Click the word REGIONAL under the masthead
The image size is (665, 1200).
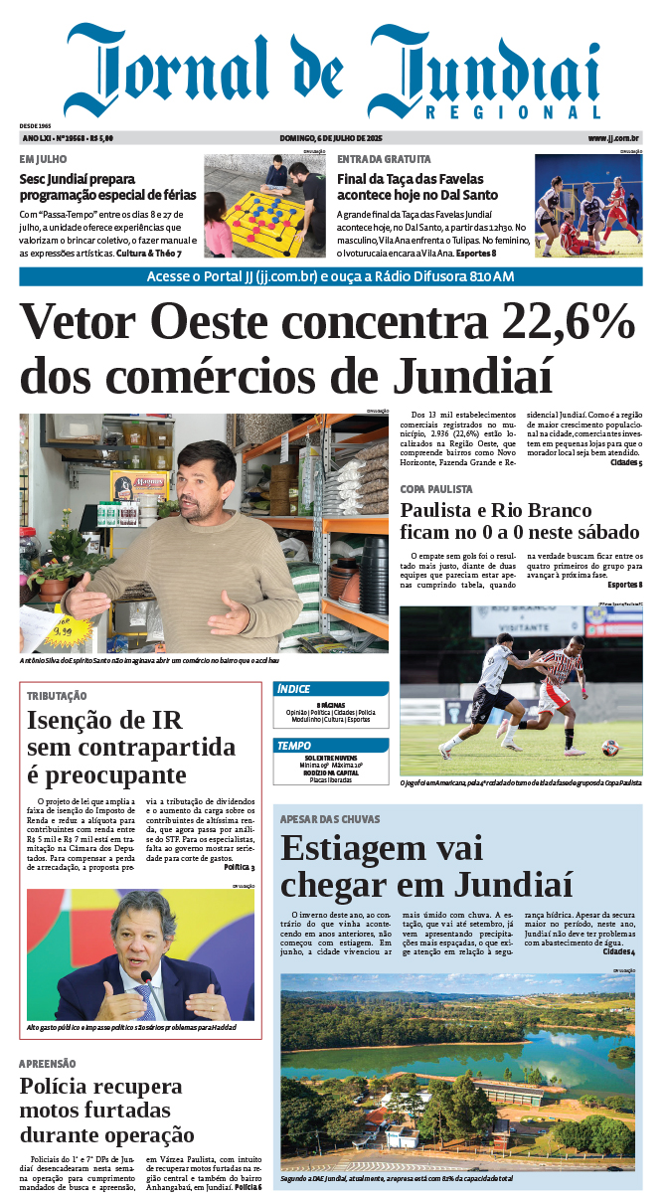(x=514, y=112)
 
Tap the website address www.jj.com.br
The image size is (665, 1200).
(x=613, y=138)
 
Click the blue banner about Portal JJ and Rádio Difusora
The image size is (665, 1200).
(x=331, y=276)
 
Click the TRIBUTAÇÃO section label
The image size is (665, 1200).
(x=57, y=696)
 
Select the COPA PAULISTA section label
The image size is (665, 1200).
(x=436, y=489)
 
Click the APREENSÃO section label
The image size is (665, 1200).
(x=48, y=1064)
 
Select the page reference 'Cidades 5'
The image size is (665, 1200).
(x=626, y=462)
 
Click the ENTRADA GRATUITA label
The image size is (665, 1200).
(x=384, y=159)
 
